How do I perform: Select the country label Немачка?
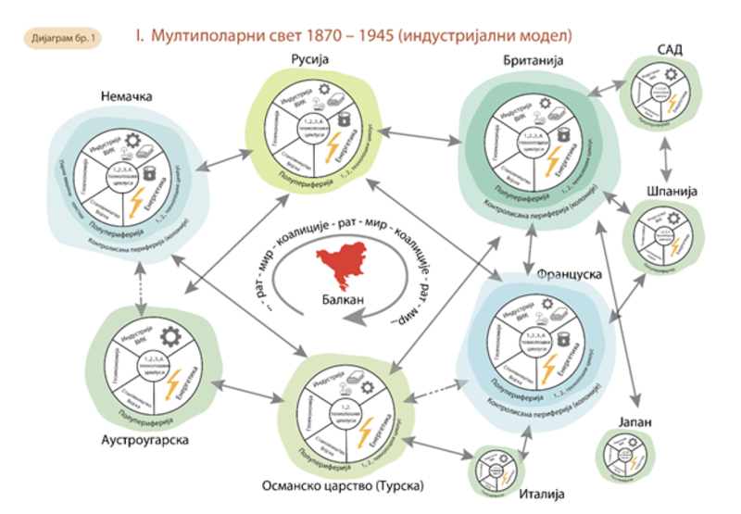point(128,97)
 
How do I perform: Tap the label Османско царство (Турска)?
point(340,485)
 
